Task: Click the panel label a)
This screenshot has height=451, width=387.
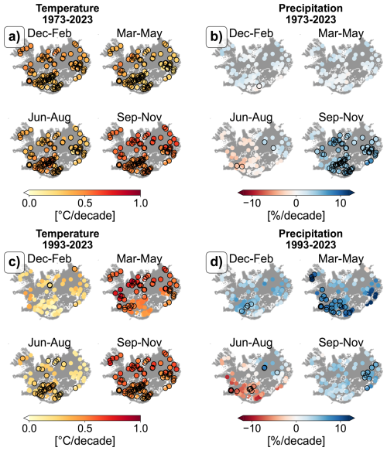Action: (14, 37)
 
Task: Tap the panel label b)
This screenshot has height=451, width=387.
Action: (217, 37)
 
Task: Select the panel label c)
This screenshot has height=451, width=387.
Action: (14, 262)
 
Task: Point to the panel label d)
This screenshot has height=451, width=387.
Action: (217, 262)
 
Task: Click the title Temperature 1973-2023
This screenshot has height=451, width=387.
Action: (67, 14)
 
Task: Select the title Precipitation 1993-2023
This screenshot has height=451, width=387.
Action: (310, 239)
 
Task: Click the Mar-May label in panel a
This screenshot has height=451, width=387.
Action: (139, 33)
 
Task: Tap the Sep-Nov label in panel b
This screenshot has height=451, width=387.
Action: (341, 118)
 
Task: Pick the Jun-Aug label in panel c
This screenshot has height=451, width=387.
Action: (50, 343)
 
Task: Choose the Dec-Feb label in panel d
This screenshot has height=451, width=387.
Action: (252, 259)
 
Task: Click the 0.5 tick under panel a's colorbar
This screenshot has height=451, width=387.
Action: (85, 203)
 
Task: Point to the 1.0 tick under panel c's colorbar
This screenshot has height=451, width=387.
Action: (141, 429)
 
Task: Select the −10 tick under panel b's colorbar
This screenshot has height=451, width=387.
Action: (252, 203)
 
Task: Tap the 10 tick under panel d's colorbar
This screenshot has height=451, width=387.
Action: (341, 429)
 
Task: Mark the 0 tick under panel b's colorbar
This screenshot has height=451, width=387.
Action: (296, 203)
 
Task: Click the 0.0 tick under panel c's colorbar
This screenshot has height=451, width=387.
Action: (29, 429)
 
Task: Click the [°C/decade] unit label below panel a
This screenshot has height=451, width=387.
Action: (85, 216)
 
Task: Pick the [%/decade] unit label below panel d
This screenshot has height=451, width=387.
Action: (296, 441)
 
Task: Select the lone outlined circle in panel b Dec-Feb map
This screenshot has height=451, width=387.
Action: (259, 86)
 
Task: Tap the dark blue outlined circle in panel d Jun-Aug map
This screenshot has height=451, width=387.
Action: (264, 368)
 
